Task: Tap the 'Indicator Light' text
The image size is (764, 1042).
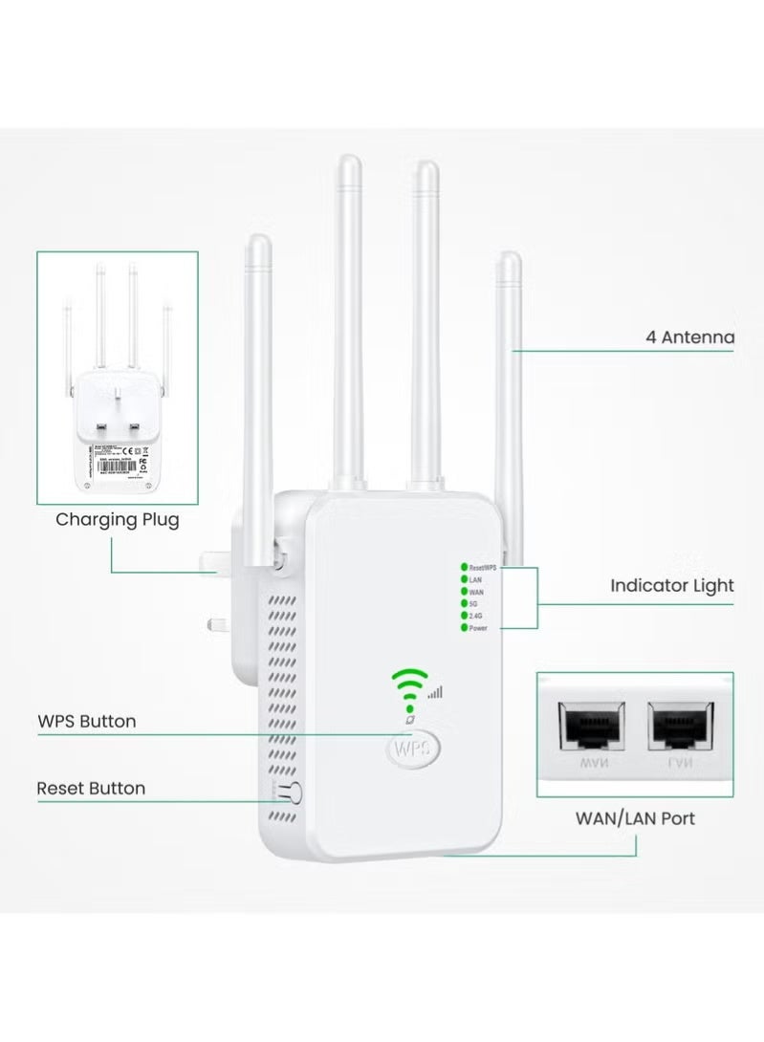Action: (672, 585)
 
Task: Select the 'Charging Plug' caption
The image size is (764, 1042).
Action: (117, 520)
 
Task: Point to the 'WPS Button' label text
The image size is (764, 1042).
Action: (86, 721)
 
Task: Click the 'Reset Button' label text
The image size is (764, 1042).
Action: (91, 789)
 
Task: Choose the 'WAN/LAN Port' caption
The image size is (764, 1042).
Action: (635, 818)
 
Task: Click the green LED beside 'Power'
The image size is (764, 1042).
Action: (464, 628)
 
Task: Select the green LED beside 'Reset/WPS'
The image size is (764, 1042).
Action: (464, 567)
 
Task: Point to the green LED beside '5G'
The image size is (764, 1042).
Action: (464, 603)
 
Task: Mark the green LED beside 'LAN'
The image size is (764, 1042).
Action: (464, 579)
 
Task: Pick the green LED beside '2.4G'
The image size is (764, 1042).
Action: (464, 616)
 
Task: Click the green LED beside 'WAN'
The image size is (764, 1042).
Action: (464, 592)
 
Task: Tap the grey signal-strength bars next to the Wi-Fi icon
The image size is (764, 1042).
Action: (436, 692)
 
